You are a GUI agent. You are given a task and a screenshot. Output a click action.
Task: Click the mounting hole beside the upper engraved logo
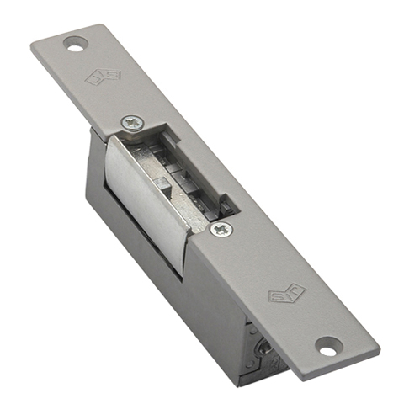tap(77, 42)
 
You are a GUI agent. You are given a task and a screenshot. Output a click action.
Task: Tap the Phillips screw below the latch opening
tap(221, 229)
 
